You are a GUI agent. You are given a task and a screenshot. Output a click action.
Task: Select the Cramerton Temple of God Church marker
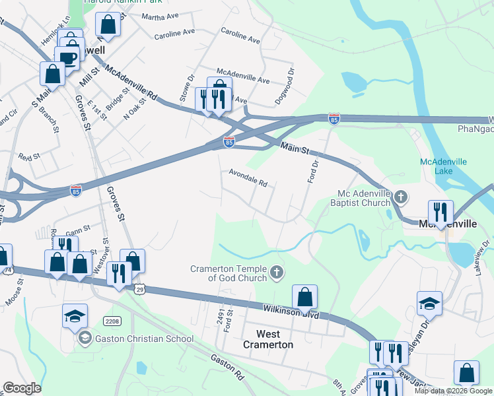click(278, 271)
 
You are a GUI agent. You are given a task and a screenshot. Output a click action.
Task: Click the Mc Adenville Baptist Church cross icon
click(400, 197)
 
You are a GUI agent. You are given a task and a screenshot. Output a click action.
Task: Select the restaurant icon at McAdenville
click(440, 212)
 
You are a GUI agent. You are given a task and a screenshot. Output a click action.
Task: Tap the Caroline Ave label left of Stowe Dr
click(174, 32)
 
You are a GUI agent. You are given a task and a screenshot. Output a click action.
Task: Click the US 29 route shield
click(139, 289)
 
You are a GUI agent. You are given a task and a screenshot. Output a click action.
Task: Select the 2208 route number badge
click(112, 321)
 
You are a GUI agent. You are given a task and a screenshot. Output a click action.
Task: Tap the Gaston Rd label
click(228, 366)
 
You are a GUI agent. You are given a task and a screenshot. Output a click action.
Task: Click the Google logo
click(22, 388)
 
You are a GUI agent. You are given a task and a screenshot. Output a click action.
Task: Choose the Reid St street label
click(29, 157)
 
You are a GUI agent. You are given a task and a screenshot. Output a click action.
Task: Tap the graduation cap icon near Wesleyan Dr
click(429, 303)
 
